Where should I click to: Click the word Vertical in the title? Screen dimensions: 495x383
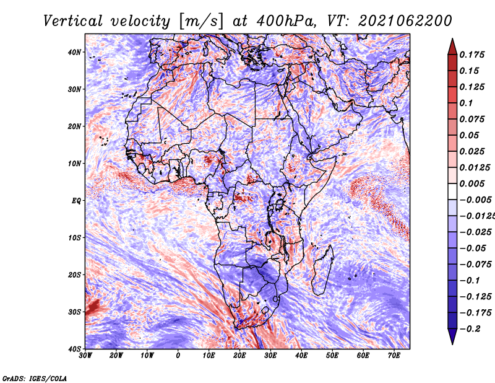(72, 21)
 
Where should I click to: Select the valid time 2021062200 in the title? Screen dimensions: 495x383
(405, 21)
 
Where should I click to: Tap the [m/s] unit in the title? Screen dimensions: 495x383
(201, 22)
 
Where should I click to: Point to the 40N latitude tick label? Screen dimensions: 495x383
(74, 52)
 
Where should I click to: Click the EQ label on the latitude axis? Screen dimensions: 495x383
(76, 201)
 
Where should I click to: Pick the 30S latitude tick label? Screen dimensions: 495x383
(74, 312)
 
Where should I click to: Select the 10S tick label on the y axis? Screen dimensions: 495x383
(74, 238)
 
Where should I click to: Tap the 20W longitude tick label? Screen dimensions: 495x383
(116, 356)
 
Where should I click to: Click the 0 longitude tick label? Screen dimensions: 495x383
(178, 356)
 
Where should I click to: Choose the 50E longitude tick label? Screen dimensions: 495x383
(332, 356)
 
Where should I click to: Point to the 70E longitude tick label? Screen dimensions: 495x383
(394, 356)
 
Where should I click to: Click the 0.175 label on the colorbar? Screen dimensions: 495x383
(471, 55)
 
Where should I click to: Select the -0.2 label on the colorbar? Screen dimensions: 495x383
(470, 329)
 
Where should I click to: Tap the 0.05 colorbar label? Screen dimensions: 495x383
(469, 136)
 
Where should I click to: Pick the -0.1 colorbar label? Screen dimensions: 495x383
(470, 281)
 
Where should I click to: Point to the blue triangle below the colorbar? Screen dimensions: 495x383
(452, 335)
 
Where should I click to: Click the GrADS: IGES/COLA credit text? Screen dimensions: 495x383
(35, 379)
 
